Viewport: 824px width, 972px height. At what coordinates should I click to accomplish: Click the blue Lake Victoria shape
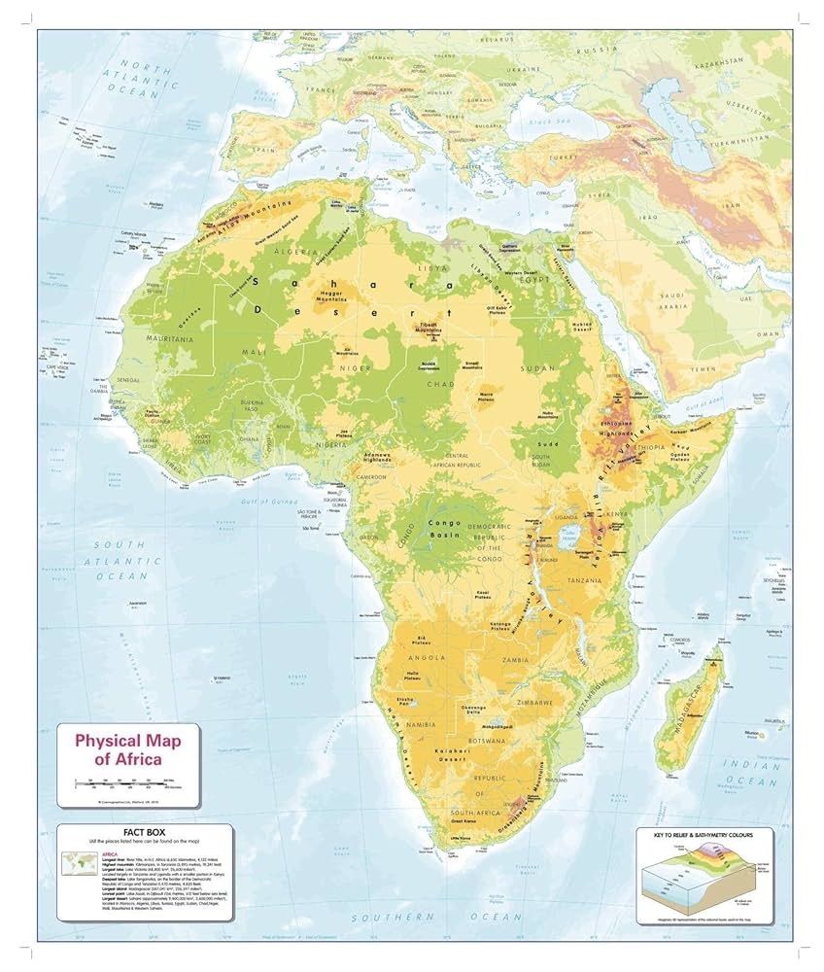575,531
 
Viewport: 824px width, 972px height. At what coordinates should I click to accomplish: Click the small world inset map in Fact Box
77,862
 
